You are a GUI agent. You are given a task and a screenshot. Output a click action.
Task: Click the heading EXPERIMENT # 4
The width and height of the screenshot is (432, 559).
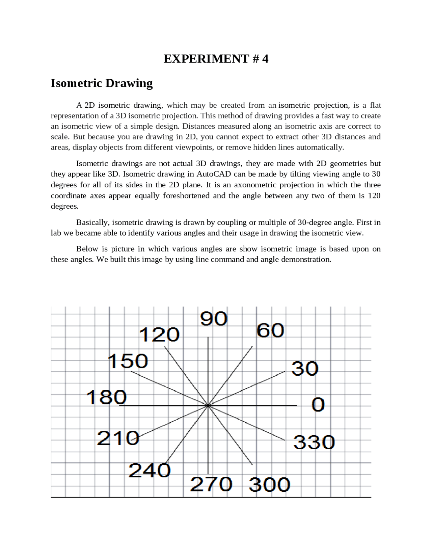tap(216, 59)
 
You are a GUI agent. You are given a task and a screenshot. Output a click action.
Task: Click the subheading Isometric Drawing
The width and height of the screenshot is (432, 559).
tap(102, 83)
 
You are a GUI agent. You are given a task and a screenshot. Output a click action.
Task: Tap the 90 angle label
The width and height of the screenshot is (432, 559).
tap(214, 319)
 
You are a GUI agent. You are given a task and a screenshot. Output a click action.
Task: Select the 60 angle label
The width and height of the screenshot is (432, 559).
tap(270, 330)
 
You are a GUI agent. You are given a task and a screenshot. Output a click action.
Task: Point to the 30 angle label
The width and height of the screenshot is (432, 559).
tap(305, 368)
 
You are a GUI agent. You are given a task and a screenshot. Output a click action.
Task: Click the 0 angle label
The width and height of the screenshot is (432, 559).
tap(318, 404)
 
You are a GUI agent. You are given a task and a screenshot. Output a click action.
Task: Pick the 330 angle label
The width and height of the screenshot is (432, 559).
tap(314, 442)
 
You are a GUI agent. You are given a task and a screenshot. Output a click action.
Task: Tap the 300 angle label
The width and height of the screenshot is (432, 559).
tap(269, 485)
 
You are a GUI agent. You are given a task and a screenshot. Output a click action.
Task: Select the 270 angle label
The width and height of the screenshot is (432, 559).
tap(211, 484)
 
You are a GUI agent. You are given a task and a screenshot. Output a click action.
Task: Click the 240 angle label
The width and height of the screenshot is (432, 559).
tap(150, 470)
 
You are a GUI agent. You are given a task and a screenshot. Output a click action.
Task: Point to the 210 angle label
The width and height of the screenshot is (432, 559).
tap(118, 438)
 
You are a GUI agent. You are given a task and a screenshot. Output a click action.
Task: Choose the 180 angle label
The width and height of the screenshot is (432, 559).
tap(106, 397)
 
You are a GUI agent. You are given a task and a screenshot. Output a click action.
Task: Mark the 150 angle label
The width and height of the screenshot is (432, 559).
tap(128, 361)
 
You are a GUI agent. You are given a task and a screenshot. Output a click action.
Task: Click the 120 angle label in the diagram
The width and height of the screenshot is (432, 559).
tap(159, 335)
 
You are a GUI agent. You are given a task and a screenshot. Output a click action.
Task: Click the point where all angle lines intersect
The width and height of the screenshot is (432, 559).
tap(208, 405)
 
